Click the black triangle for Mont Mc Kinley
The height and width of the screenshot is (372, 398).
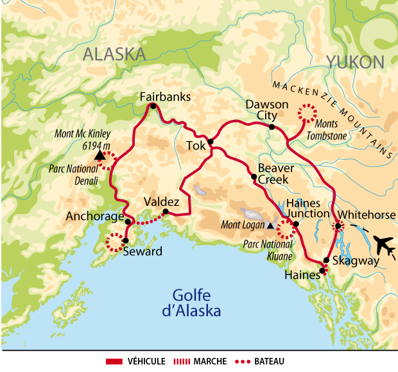point(99,155)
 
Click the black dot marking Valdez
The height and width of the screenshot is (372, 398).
point(166,212)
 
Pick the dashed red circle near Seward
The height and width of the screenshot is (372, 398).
point(115,242)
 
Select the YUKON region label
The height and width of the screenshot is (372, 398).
point(355,62)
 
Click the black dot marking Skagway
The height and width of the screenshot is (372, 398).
point(326,260)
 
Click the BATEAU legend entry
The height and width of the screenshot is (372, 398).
point(266,362)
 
